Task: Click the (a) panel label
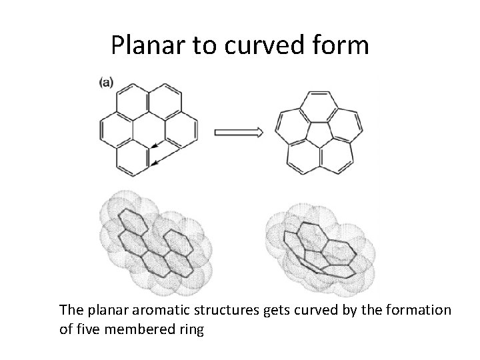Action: click(106, 82)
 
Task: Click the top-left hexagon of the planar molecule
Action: click(132, 100)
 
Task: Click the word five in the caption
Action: click(85, 329)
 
